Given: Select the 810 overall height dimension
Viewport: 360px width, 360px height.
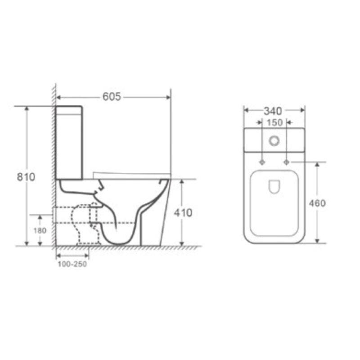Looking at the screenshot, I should [x=26, y=177].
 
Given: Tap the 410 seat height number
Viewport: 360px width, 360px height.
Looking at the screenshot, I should [x=182, y=212].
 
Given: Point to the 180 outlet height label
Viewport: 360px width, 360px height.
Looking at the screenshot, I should [x=40, y=230].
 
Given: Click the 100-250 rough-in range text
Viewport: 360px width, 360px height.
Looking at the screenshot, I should [x=72, y=264].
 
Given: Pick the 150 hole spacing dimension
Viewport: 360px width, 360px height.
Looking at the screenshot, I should [x=274, y=122].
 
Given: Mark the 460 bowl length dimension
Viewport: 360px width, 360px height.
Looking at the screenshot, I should [x=317, y=203].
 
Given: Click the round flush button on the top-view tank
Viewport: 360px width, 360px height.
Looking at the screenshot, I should [x=274, y=141].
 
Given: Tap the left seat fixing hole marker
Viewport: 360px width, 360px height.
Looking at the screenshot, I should [x=262, y=162].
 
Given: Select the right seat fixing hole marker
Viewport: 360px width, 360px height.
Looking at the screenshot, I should [x=286, y=162].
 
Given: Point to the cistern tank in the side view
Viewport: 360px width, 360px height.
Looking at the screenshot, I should [x=69, y=142].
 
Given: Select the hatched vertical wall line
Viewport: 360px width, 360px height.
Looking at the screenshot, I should [x=54, y=166].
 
